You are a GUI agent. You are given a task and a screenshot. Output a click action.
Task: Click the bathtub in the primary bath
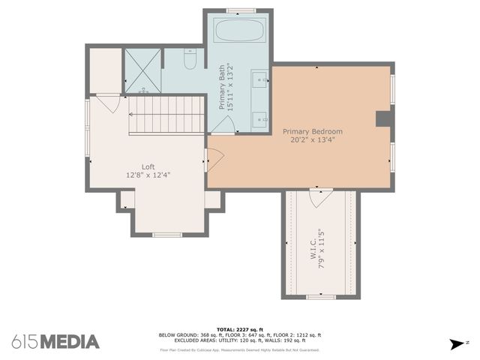[237, 31]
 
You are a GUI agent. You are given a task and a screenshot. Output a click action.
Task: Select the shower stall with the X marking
[142, 70]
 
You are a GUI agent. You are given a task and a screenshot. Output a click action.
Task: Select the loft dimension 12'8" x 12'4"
[148, 175]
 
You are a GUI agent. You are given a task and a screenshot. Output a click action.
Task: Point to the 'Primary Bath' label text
[222, 88]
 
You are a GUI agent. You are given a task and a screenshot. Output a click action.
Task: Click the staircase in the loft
[166, 115]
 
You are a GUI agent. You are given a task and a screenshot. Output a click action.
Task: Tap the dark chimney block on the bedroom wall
[384, 119]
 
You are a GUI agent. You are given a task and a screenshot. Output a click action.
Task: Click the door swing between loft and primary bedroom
[214, 159]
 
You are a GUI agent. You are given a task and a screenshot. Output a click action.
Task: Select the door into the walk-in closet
[320, 197]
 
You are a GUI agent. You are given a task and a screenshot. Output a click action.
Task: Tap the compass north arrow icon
[456, 344]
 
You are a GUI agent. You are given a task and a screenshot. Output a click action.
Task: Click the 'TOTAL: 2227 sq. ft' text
[239, 329]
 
